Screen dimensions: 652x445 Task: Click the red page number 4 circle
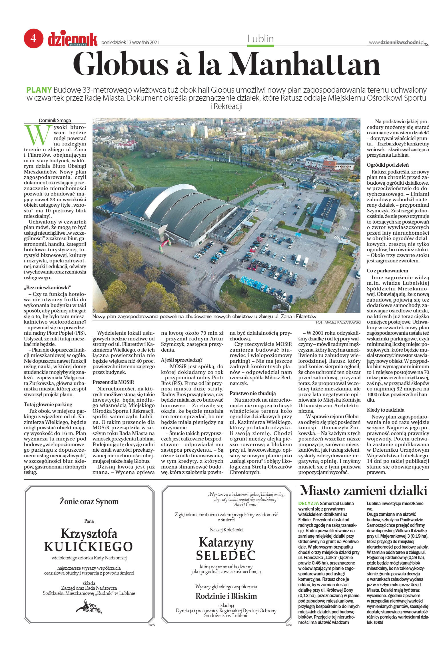pyautogui.click(x=33, y=38)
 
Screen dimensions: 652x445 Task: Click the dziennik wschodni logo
pyautogui.click(x=73, y=40)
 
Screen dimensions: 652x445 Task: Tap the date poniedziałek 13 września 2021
pyautogui.click(x=130, y=43)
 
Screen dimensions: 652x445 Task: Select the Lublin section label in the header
pyautogui.click(x=260, y=39)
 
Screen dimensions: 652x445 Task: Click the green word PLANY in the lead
pyautogui.click(x=39, y=90)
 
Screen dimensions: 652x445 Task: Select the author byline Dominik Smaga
pyautogui.click(x=55, y=120)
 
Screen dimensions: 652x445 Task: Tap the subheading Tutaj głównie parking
pyautogui.click(x=48, y=404)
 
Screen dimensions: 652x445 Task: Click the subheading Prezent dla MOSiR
pyautogui.click(x=113, y=382)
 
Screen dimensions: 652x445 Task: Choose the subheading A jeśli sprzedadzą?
pyautogui.click(x=181, y=360)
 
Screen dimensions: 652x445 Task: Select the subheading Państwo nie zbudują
pyautogui.click(x=252, y=393)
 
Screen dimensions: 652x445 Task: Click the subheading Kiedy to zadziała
pyautogui.click(x=385, y=410)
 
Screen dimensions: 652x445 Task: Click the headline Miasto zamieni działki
pyautogui.click(x=363, y=491)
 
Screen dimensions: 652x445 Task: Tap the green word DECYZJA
pyautogui.click(x=308, y=503)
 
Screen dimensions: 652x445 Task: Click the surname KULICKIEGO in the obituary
pyautogui.click(x=89, y=547)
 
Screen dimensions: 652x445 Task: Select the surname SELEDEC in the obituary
pyautogui.click(x=226, y=555)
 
